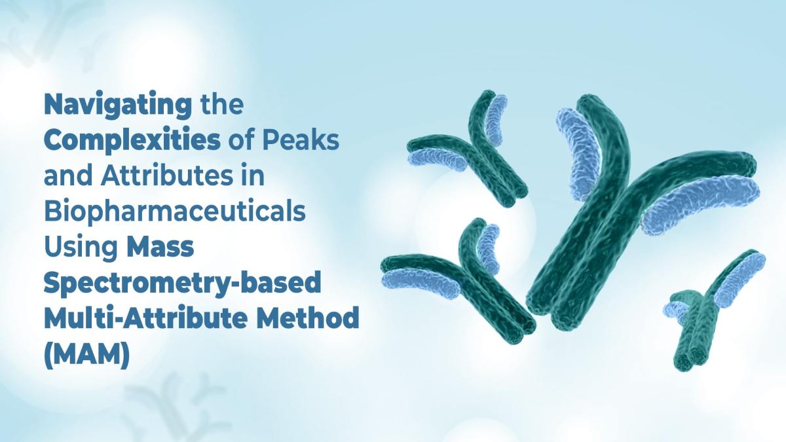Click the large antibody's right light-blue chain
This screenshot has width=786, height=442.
pyautogui.click(x=701, y=203)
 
